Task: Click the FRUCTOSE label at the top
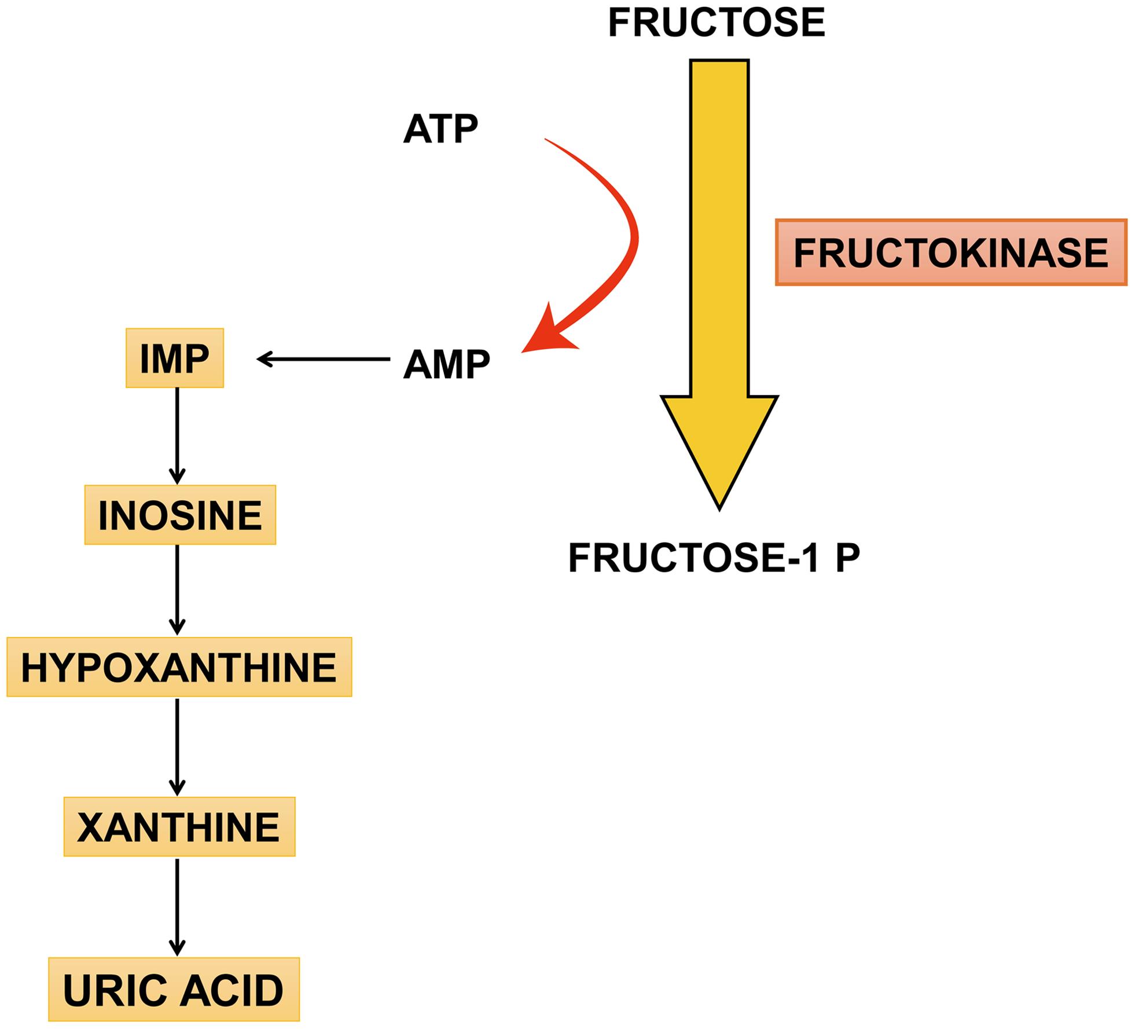[716, 23]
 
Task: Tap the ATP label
[440, 128]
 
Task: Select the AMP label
[446, 364]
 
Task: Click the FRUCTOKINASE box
[950, 252]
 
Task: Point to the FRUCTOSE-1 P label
[714, 557]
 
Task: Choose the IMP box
[174, 358]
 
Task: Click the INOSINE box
[180, 515]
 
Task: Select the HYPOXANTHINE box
[179, 667]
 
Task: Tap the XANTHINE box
[179, 827]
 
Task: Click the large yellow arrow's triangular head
[719, 446]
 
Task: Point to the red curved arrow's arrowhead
[547, 333]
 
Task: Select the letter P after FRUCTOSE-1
[847, 557]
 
